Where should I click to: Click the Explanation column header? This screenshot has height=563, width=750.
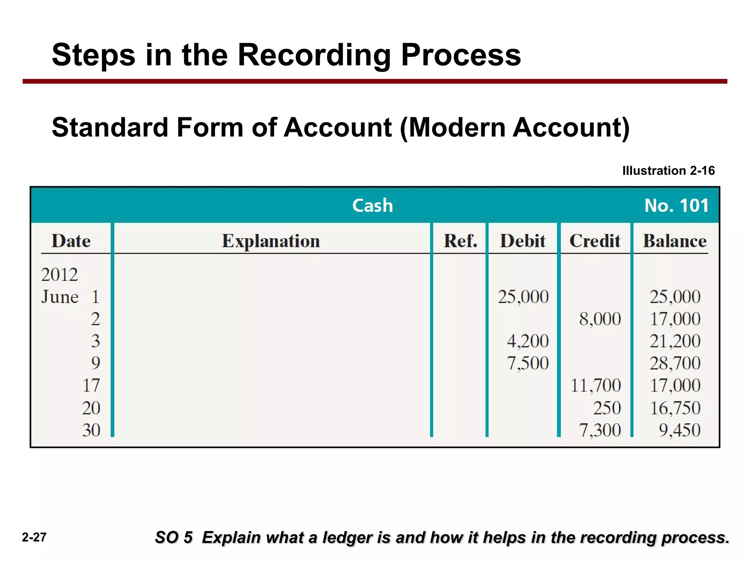tap(271, 241)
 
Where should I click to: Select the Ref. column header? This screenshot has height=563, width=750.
tap(460, 241)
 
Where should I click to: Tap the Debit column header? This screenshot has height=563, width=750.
tap(523, 241)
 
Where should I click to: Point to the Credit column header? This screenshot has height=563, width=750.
tap(595, 241)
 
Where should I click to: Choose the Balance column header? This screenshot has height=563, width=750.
tap(675, 241)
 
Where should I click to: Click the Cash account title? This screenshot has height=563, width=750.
tap(372, 205)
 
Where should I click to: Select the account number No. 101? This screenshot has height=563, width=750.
tap(676, 205)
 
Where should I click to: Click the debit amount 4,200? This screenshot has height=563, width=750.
tap(528, 341)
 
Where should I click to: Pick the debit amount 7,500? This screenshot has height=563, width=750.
tap(528, 363)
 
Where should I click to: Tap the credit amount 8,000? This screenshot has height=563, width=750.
tap(600, 319)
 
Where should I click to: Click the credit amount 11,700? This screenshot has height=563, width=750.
tap(596, 386)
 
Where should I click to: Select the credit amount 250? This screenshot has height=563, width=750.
tap(607, 408)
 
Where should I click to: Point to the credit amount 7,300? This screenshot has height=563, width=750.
tap(600, 430)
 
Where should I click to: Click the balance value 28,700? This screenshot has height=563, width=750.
tap(675, 363)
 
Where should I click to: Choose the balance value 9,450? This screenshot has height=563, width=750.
tap(679, 430)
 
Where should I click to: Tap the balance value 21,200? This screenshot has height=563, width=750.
tap(675, 341)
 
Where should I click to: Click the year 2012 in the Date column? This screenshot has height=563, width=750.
tap(59, 275)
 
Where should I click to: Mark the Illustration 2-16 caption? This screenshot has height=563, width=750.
tap(668, 171)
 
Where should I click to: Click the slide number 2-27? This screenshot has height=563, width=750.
tap(34, 537)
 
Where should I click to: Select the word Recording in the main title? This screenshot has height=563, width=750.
tap(315, 55)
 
